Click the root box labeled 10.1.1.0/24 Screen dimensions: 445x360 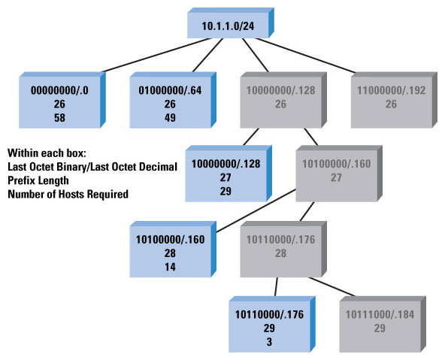[x=231, y=23]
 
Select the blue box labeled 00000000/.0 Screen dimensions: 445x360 [x=62, y=100]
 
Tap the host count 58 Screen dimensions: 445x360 [x=59, y=118]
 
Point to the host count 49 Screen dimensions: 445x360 [x=170, y=118]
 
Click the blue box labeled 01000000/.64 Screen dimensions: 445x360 [x=173, y=100]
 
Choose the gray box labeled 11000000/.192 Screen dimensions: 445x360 [x=394, y=100]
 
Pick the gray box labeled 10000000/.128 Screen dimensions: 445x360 [x=283, y=100]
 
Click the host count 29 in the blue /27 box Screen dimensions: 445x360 [x=226, y=191]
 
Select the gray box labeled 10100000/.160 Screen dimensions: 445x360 [x=339, y=174]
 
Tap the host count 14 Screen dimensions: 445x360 [x=170, y=267]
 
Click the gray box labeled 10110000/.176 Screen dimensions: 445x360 [x=283, y=250]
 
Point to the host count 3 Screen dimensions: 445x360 [x=269, y=342]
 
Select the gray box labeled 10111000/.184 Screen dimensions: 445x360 [x=383, y=324]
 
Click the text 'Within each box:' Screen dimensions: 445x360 [x=47, y=153]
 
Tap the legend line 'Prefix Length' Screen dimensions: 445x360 [x=38, y=180]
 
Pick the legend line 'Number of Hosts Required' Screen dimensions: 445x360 [x=68, y=195]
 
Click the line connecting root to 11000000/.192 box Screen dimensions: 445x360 [x=305, y=56]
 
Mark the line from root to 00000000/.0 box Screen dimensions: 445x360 [x=156, y=55]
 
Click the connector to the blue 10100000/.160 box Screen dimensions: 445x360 [x=256, y=210]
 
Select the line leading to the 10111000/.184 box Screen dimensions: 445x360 [x=332, y=287]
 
